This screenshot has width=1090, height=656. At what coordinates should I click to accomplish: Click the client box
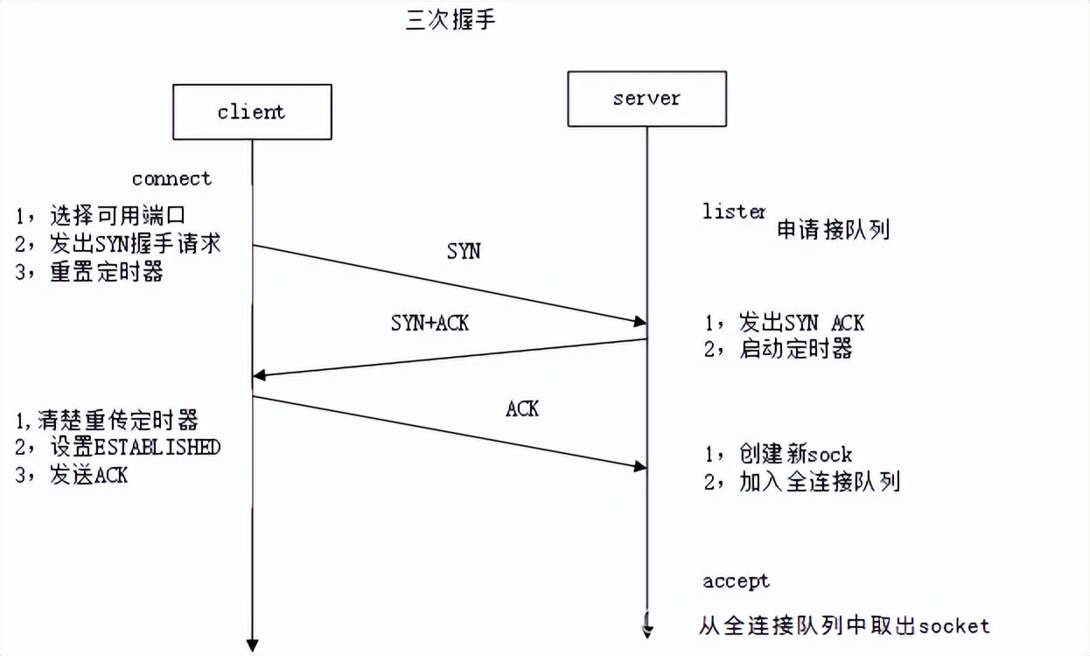(x=252, y=112)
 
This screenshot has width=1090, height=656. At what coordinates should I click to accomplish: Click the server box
(x=646, y=99)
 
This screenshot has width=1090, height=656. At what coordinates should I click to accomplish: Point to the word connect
(x=171, y=178)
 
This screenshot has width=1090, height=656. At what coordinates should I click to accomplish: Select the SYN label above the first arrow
(x=464, y=251)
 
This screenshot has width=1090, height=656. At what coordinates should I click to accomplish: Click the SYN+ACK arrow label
(x=430, y=323)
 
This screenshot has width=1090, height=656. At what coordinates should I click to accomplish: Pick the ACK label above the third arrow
(x=522, y=408)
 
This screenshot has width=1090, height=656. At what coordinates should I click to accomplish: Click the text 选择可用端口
(x=119, y=215)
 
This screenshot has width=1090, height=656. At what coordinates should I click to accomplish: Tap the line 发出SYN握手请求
(x=135, y=243)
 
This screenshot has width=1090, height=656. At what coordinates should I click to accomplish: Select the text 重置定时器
(x=107, y=272)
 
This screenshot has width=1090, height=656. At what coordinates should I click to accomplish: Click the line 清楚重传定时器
(x=118, y=419)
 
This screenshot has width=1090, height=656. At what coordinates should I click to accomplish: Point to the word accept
(x=736, y=581)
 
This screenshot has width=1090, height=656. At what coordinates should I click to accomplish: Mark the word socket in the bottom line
(x=955, y=625)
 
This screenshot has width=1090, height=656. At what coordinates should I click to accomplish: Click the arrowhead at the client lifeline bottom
(x=253, y=646)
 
